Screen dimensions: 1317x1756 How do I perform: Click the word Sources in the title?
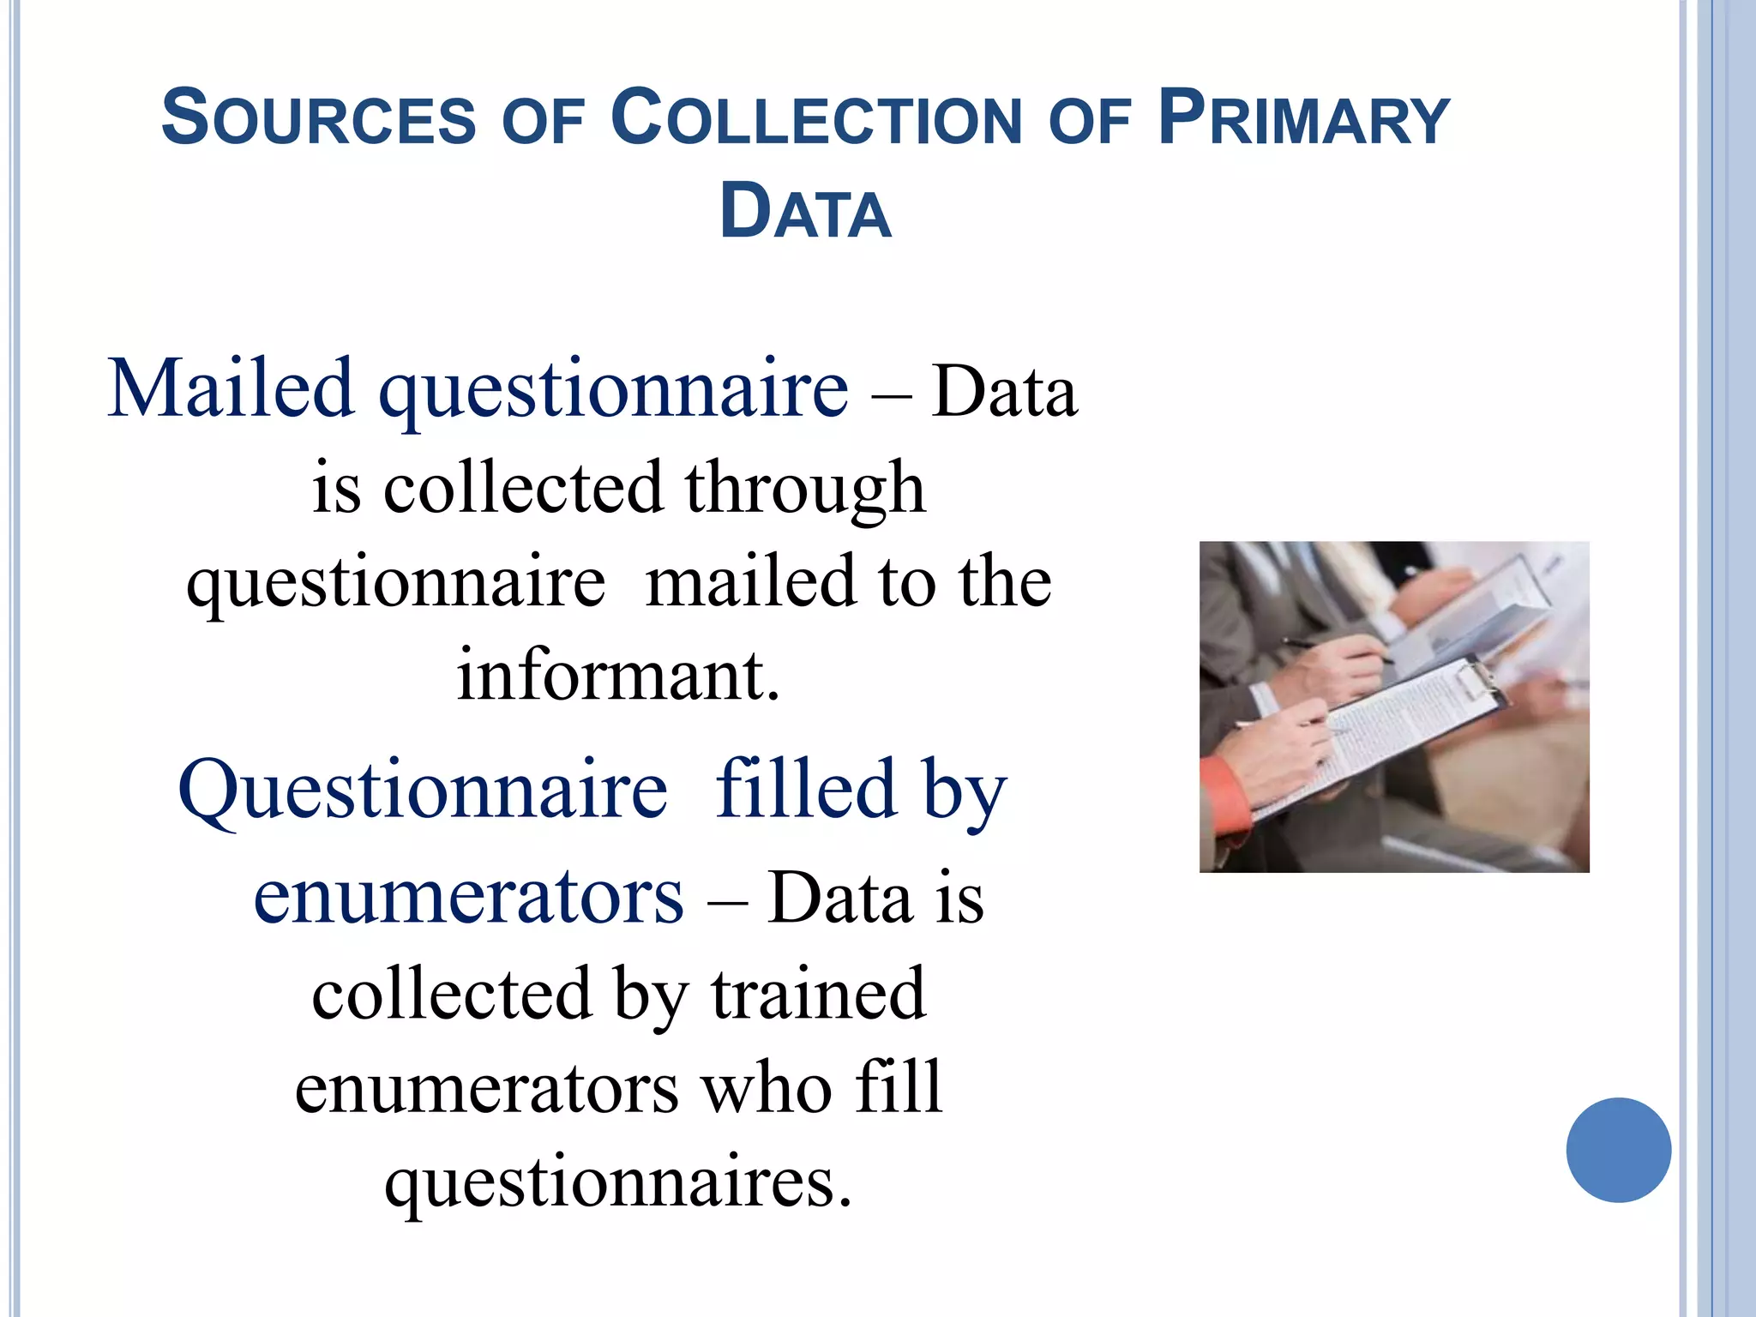pyautogui.click(x=318, y=118)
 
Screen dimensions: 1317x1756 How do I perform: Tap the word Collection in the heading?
pyautogui.click(x=817, y=118)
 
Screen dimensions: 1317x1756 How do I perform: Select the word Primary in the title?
pyautogui.click(x=1303, y=118)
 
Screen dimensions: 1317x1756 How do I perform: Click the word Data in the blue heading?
pyautogui.click(x=805, y=212)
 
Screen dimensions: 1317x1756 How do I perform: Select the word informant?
pyautogui.click(x=618, y=675)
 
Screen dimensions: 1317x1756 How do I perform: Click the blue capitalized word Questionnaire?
pyautogui.click(x=423, y=789)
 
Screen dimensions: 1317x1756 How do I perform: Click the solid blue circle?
pyautogui.click(x=1618, y=1150)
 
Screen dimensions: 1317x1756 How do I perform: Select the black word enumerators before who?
pyautogui.click(x=487, y=1087)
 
